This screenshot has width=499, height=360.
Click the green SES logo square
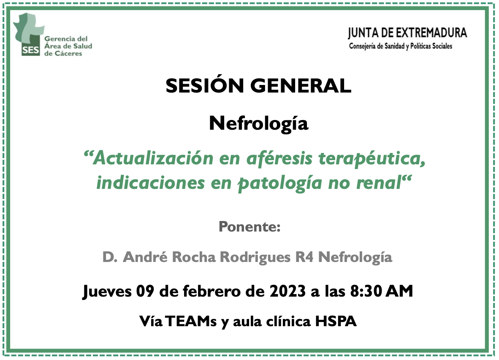(30, 50)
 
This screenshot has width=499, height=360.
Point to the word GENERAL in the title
(301, 86)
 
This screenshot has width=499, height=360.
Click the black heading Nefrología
(258, 124)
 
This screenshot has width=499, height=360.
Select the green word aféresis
(279, 158)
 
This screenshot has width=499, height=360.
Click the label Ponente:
(250, 226)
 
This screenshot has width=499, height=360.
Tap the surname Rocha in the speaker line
(194, 257)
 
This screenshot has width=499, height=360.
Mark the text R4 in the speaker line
(304, 257)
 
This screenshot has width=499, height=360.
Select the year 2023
(287, 291)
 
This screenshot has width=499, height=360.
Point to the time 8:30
(366, 291)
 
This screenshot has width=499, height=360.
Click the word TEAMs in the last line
(191, 321)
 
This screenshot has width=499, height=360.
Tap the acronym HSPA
(336, 321)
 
